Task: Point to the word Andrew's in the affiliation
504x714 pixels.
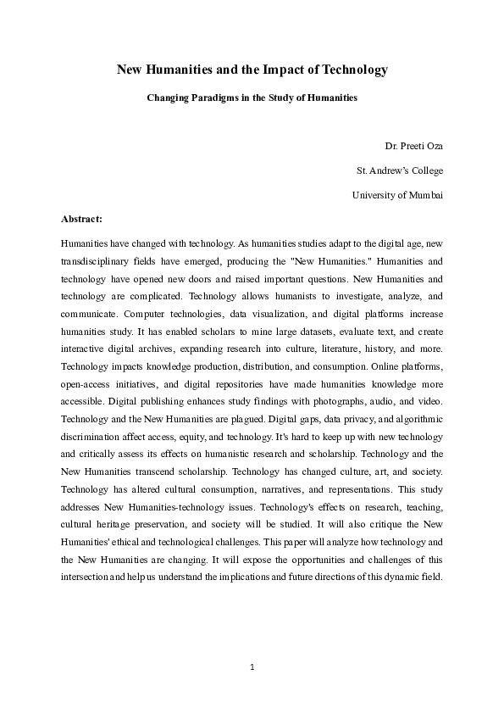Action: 392,170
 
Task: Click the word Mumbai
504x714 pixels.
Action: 423,195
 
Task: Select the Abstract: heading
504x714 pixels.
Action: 81,219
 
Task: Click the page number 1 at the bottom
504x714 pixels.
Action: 252,667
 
